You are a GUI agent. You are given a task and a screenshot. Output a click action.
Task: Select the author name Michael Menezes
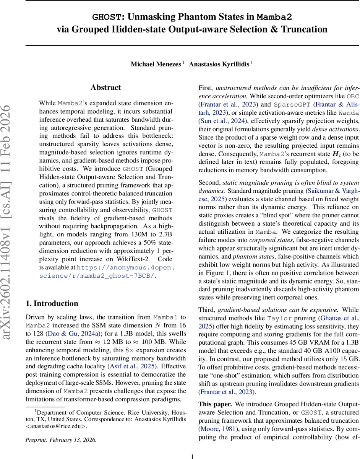coord(156,64)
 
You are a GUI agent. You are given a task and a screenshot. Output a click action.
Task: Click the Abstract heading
coord(106,88)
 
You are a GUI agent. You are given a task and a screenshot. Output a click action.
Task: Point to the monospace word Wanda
coord(349,112)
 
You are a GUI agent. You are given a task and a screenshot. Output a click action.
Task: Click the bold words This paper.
coord(215,404)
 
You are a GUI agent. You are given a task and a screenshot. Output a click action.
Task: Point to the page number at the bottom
coord(192,456)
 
